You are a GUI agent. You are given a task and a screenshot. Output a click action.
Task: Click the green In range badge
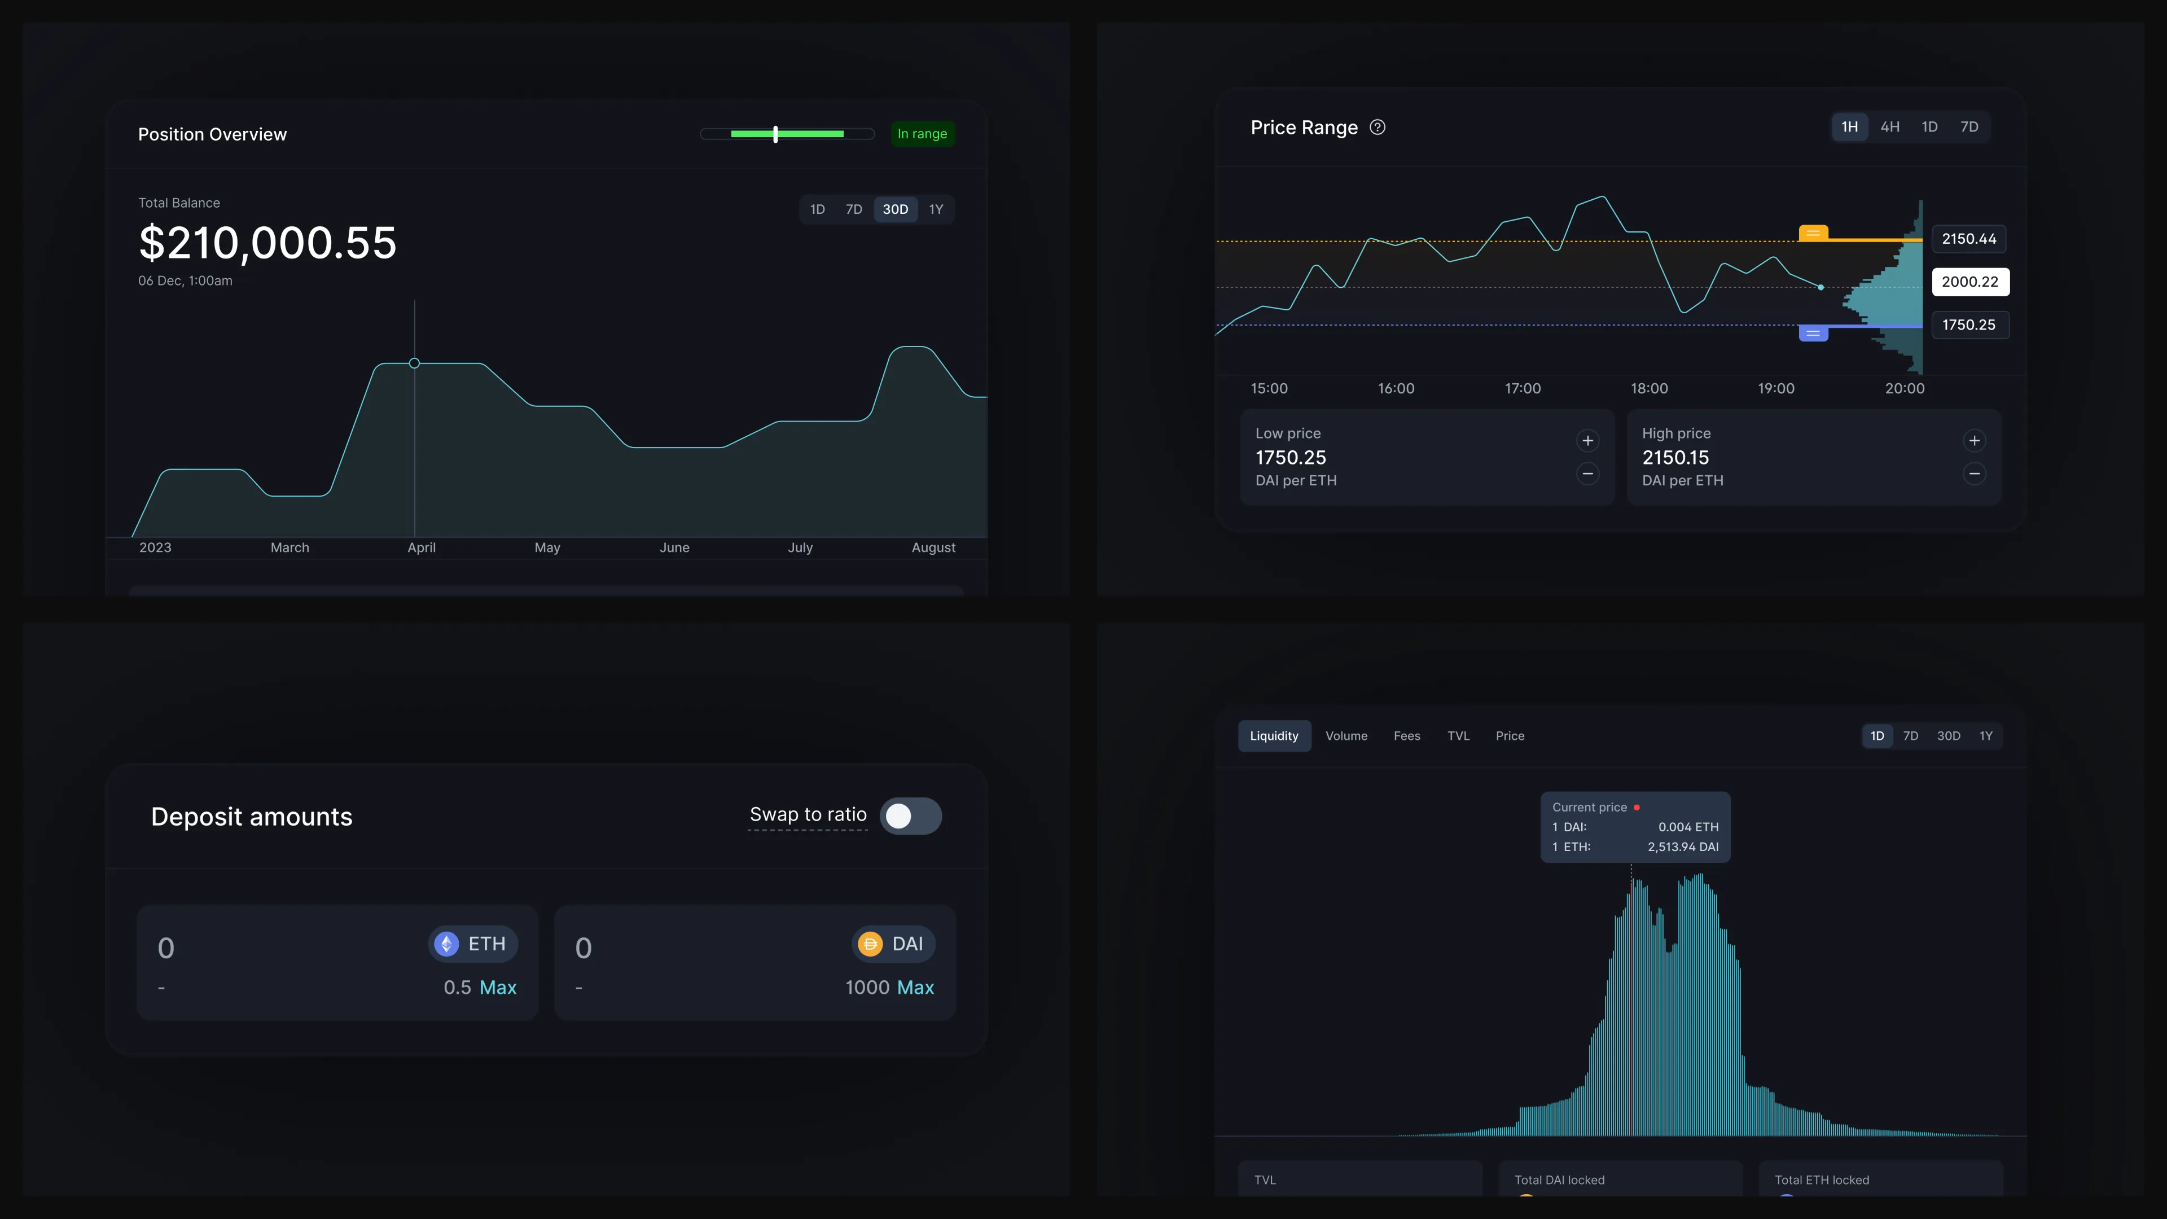point(922,134)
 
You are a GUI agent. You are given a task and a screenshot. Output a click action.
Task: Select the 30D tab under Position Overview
point(895,209)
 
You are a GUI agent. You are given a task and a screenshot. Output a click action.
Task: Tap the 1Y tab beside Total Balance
point(936,209)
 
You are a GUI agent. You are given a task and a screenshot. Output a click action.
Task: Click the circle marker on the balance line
point(414,363)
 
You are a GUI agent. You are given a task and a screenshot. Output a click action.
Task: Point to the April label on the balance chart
point(422,547)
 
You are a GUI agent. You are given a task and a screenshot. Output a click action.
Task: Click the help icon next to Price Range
point(1377,127)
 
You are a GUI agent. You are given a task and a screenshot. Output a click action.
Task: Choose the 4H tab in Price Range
point(1889,127)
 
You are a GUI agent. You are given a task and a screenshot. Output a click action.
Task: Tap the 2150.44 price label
point(1968,239)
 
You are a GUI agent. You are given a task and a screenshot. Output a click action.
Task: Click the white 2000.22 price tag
point(1970,282)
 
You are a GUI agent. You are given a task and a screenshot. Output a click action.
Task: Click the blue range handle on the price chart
point(1813,333)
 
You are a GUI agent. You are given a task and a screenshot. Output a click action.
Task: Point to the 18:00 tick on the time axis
point(1649,389)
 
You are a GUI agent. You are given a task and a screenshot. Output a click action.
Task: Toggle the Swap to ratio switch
point(910,816)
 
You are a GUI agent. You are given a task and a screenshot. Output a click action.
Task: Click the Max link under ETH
point(498,988)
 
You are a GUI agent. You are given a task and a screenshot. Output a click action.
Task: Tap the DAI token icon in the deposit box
point(870,944)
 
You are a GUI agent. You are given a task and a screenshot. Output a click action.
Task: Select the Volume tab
point(1346,736)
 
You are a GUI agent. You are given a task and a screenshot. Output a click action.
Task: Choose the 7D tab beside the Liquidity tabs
point(1910,736)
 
